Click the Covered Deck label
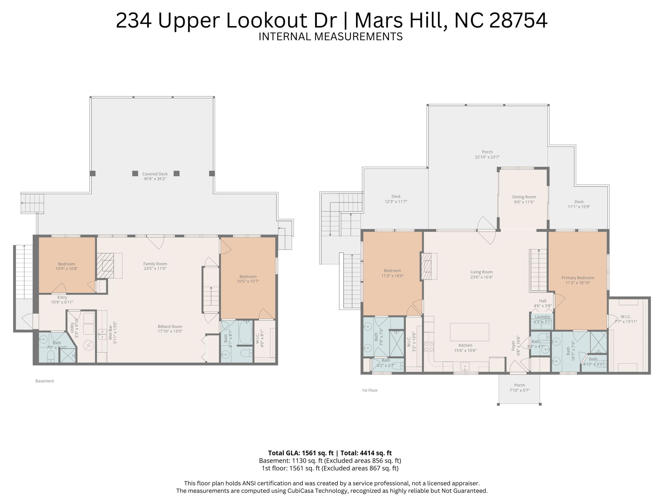pyautogui.click(x=155, y=174)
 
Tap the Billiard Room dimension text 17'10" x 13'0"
pyautogui.click(x=170, y=331)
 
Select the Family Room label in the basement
pyautogui.click(x=155, y=264)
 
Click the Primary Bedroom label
pyautogui.click(x=578, y=278)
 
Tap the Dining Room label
pyautogui.click(x=524, y=197)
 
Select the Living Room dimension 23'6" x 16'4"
pyautogui.click(x=481, y=277)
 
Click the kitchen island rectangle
pyautogui.click(x=469, y=332)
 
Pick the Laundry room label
pyautogui.click(x=542, y=317)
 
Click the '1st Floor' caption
pyautogui.click(x=370, y=390)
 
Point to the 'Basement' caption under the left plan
pyautogui.click(x=45, y=381)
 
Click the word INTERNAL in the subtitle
pyautogui.click(x=285, y=37)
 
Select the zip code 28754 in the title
pyautogui.click(x=518, y=20)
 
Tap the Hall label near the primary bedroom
pyautogui.click(x=543, y=301)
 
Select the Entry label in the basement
pyautogui.click(x=62, y=297)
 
